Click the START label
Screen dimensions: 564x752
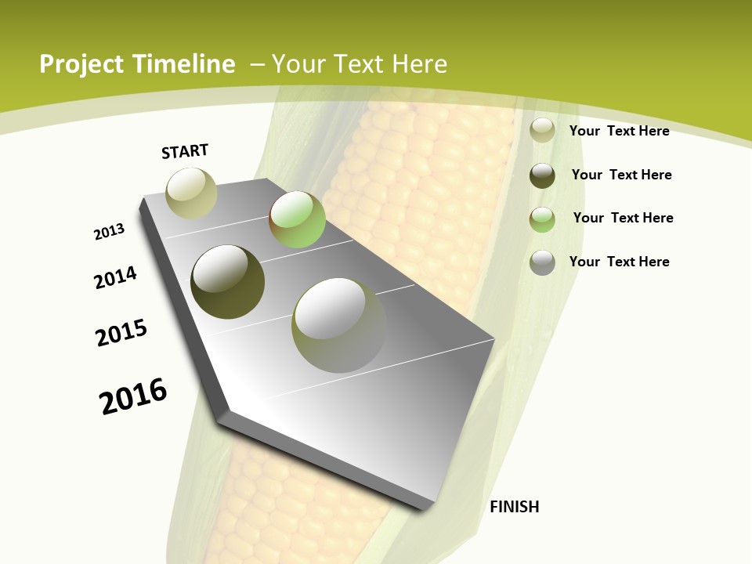(x=185, y=151)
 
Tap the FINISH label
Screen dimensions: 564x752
(x=514, y=507)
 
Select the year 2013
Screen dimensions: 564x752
(x=109, y=232)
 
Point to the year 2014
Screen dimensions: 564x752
(x=115, y=278)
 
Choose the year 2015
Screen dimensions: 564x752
(x=121, y=333)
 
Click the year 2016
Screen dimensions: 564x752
(x=133, y=396)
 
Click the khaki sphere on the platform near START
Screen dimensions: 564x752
(x=191, y=193)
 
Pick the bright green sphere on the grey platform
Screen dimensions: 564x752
(x=297, y=219)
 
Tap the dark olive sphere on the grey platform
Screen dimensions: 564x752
(x=227, y=282)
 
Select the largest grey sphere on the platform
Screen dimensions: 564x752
(x=338, y=325)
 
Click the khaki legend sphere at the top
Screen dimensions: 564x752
(x=542, y=131)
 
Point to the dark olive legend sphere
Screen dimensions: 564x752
(x=542, y=175)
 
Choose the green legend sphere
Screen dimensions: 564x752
(x=542, y=219)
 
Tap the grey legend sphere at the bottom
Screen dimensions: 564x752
(x=542, y=262)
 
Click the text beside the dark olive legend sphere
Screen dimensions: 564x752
(x=621, y=175)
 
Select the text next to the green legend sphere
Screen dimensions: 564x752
(x=623, y=218)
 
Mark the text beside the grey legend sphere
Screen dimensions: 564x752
(x=619, y=262)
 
